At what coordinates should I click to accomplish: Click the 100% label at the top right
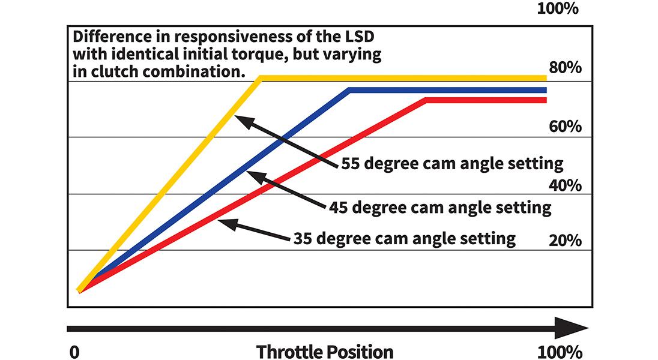point(558,10)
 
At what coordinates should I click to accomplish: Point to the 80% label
point(566,67)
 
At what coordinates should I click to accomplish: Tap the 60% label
point(566,127)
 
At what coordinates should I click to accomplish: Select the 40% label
point(566,184)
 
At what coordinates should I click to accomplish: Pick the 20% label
point(566,241)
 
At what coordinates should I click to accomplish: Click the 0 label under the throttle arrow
point(74,352)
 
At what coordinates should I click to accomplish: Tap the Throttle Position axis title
point(325,352)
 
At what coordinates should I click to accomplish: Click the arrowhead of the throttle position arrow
point(573,328)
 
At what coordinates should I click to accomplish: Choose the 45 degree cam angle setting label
point(440,208)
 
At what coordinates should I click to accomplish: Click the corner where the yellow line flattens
point(260,78)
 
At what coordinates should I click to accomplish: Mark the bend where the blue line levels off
point(349,90)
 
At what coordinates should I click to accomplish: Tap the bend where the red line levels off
point(426,100)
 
